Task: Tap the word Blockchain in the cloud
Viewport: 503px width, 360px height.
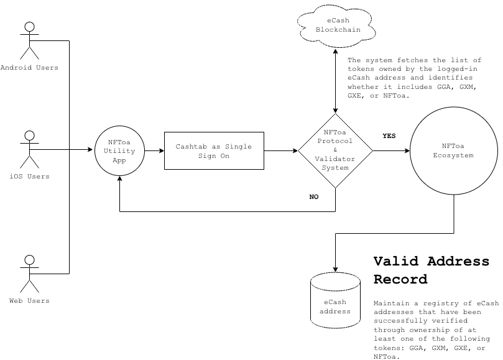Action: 338,30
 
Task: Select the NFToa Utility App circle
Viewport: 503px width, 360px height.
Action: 119,151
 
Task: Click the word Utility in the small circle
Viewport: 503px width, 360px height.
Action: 119,151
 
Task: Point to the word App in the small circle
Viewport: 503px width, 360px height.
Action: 119,160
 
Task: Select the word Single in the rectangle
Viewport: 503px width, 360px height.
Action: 239,147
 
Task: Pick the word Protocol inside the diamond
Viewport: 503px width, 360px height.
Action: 335,141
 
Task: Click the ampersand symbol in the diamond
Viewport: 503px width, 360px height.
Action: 335,150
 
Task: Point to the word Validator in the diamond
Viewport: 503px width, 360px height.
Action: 335,159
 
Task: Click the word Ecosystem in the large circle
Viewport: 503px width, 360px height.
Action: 453,155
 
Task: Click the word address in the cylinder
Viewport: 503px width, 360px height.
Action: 335,311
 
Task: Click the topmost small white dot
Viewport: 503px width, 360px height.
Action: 29,27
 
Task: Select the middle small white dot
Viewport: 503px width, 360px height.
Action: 29,136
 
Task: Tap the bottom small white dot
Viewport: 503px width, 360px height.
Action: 29,260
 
